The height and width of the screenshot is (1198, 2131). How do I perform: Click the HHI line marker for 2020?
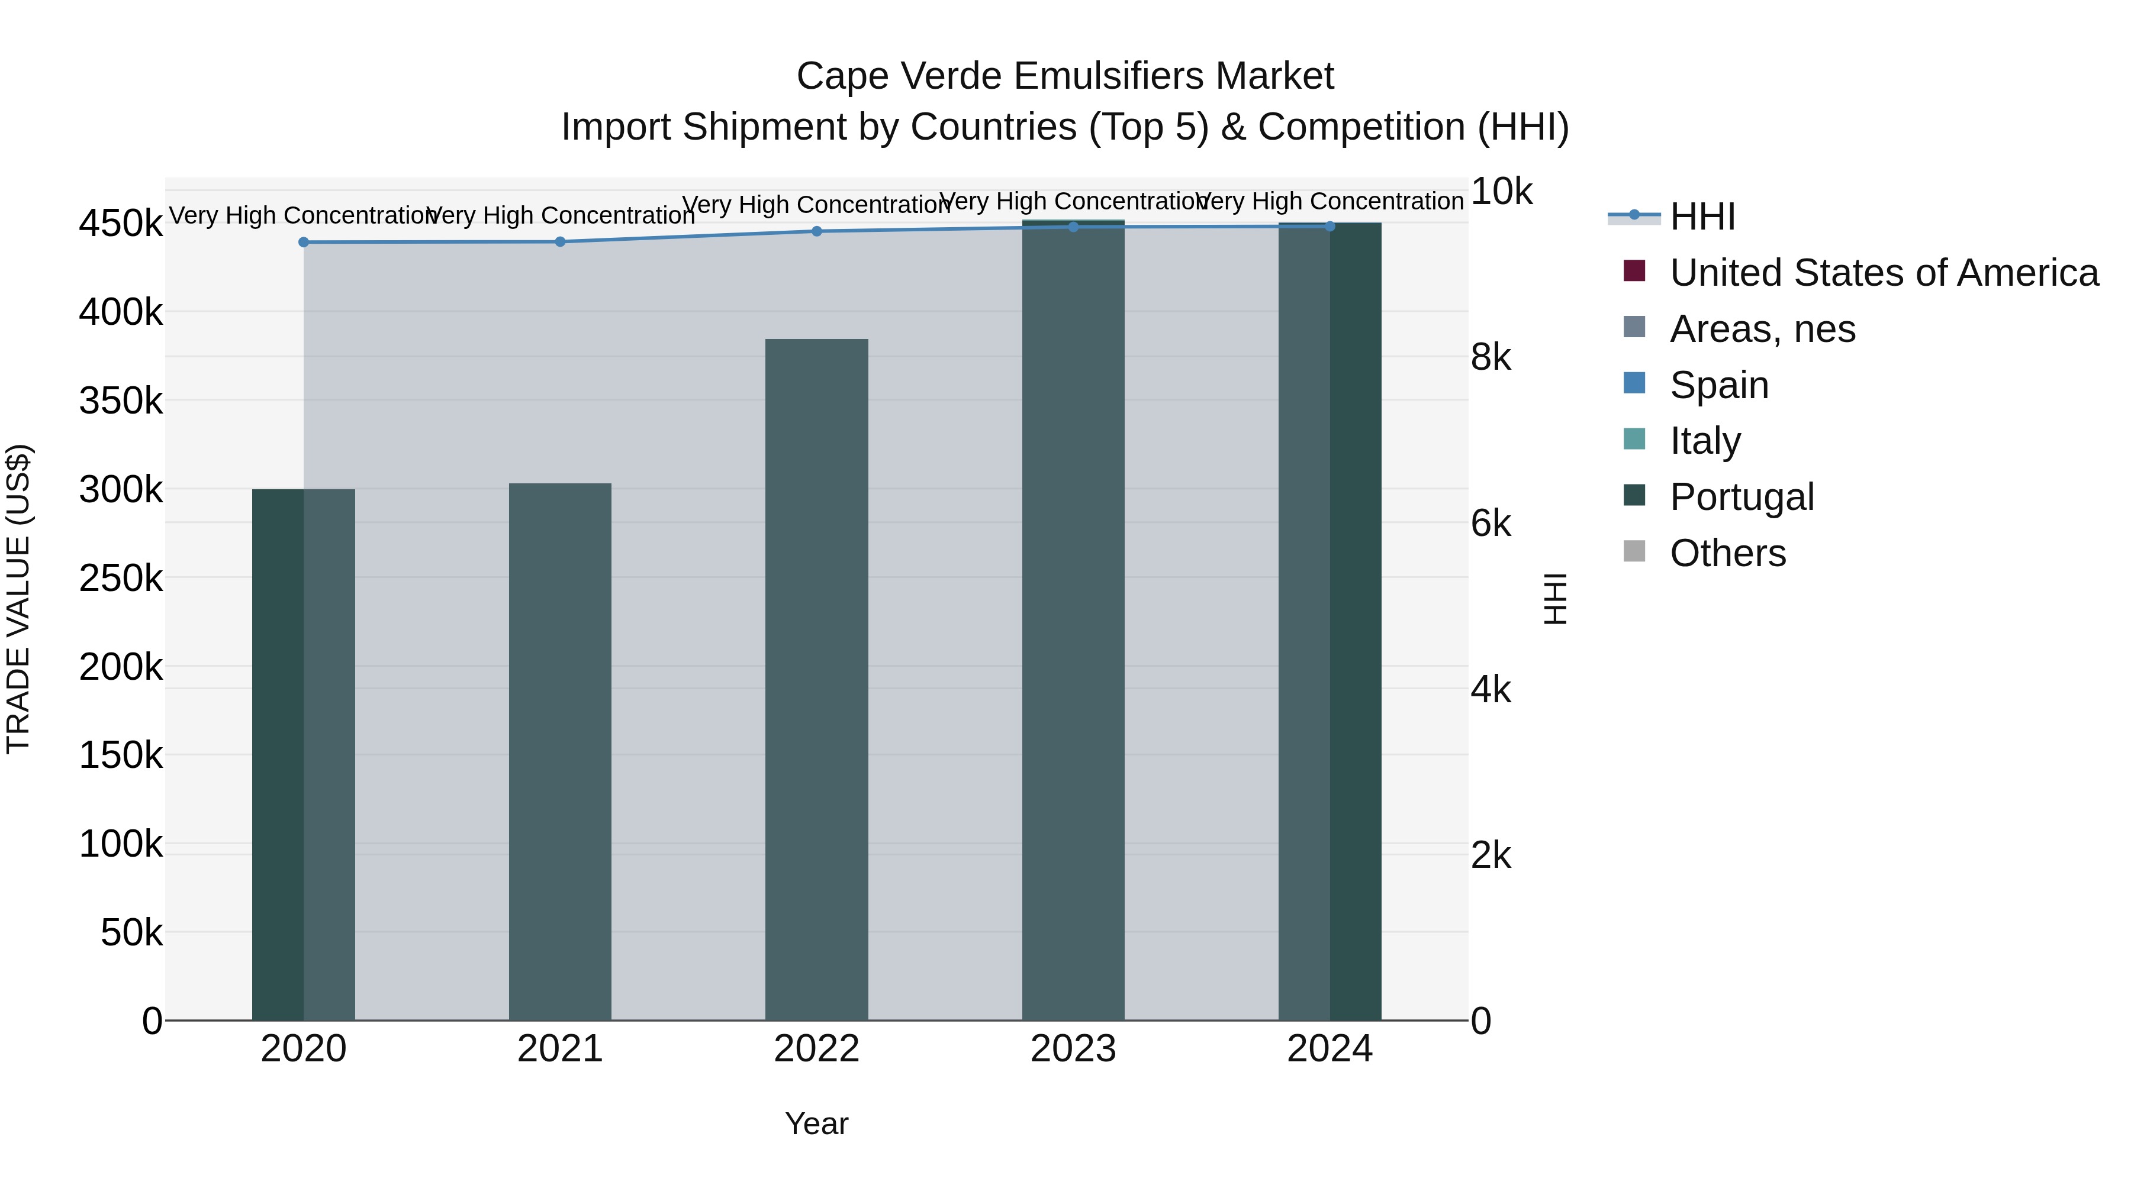[304, 242]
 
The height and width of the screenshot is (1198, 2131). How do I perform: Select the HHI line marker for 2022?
[816, 231]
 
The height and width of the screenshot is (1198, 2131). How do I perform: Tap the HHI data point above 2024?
[1330, 227]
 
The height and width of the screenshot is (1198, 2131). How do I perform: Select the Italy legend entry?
[1704, 441]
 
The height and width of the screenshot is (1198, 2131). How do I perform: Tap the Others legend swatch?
[1634, 551]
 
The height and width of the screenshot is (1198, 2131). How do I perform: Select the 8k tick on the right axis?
[1491, 357]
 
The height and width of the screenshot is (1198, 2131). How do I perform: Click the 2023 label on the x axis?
[1073, 1049]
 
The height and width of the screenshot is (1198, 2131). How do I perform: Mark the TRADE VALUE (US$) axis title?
[18, 599]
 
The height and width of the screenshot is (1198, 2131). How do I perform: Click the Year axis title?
[816, 1123]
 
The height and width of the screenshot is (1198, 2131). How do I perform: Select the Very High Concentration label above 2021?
[560, 216]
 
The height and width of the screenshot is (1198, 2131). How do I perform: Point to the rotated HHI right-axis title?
[1555, 599]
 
